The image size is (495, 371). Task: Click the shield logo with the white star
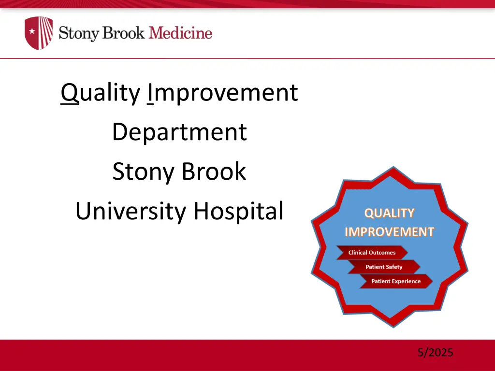pyautogui.click(x=39, y=33)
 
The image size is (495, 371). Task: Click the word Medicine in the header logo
pyautogui.click(x=180, y=33)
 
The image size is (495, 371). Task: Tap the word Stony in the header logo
pyautogui.click(x=79, y=33)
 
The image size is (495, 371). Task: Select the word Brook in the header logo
pyautogui.click(x=123, y=33)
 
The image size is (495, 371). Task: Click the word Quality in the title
pyautogui.click(x=101, y=93)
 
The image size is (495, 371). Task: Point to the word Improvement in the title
pyautogui.click(x=223, y=93)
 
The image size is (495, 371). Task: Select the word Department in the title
pyautogui.click(x=179, y=132)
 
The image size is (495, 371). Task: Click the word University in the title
pyautogui.click(x=131, y=211)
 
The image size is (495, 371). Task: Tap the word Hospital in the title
pyautogui.click(x=238, y=211)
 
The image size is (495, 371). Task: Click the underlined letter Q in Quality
pyautogui.click(x=70, y=93)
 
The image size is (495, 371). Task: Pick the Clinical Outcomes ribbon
pyautogui.click(x=372, y=253)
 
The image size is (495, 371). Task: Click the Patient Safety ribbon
pyautogui.click(x=384, y=267)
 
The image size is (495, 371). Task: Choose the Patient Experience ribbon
pyautogui.click(x=396, y=281)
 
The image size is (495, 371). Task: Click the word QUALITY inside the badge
pyautogui.click(x=389, y=213)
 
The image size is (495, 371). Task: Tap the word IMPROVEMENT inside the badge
pyautogui.click(x=389, y=232)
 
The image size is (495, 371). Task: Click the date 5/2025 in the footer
pyautogui.click(x=436, y=352)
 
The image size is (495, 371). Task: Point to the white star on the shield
pyautogui.click(x=32, y=31)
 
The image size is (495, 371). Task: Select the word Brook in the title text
pyautogui.click(x=214, y=171)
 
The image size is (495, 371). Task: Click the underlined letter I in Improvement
pyautogui.click(x=151, y=93)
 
